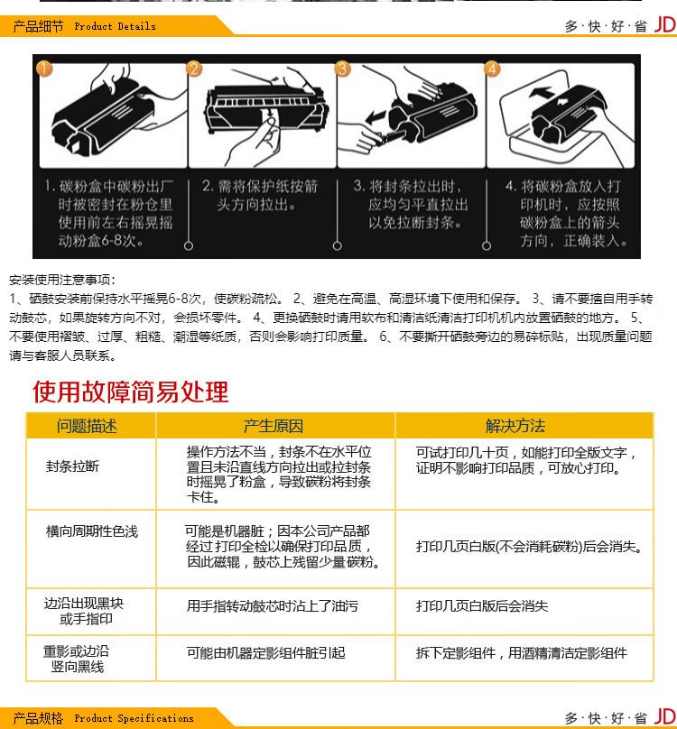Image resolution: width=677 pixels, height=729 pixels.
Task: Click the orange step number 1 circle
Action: pyautogui.click(x=44, y=69)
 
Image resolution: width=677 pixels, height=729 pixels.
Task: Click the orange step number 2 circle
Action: pyautogui.click(x=194, y=69)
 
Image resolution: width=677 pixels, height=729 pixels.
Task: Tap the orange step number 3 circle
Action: pyautogui.click(x=343, y=69)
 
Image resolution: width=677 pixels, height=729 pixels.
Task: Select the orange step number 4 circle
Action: pyautogui.click(x=492, y=69)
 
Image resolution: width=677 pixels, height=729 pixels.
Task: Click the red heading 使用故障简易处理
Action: pyautogui.click(x=131, y=392)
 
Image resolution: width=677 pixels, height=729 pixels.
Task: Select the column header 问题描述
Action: pyautogui.click(x=88, y=426)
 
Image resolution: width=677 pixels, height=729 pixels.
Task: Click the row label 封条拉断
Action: pyautogui.click(x=72, y=466)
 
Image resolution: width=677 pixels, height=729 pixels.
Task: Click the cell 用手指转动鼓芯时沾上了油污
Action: pyautogui.click(x=272, y=606)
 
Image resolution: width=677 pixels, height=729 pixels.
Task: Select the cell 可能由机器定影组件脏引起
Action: pyautogui.click(x=265, y=652)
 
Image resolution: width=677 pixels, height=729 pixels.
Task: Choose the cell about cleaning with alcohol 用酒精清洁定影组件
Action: pyautogui.click(x=521, y=652)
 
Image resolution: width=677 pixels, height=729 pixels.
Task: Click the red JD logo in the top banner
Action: pyautogui.click(x=665, y=25)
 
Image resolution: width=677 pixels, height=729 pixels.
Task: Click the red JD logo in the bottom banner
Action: pyautogui.click(x=665, y=717)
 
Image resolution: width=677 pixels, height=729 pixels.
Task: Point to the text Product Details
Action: pyautogui.click(x=115, y=27)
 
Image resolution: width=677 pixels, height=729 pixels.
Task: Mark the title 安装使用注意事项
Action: pyautogui.click(x=62, y=281)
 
